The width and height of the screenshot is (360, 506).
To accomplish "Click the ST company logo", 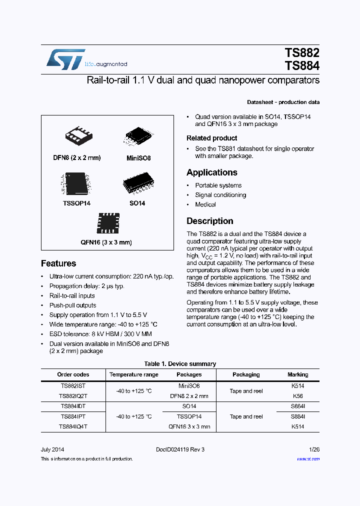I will pos(66,59).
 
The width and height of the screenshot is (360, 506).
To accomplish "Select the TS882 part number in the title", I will pos(301,53).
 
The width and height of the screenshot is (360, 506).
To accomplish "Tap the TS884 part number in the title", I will pos(301,66).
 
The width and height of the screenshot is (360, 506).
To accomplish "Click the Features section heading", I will pos(58,263).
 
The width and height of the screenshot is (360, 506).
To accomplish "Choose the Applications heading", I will pos(212,172).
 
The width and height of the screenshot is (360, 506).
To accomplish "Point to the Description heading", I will pos(210,221).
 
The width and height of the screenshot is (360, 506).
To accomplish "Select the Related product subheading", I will pos(212,138).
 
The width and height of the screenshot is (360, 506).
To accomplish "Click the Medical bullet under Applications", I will pos(205,204).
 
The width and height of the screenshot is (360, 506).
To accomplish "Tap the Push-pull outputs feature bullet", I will pos(72,305).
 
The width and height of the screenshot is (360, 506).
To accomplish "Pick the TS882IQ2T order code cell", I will pos(73,396).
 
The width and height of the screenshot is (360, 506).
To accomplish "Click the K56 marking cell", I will pos(297,396).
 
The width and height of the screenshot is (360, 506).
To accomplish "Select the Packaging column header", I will pos(246,374).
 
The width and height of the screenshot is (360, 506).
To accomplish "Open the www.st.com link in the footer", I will pos(308,458).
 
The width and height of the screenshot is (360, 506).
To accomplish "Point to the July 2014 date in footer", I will pos(52,449).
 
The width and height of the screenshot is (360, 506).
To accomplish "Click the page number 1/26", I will pos(314,449).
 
